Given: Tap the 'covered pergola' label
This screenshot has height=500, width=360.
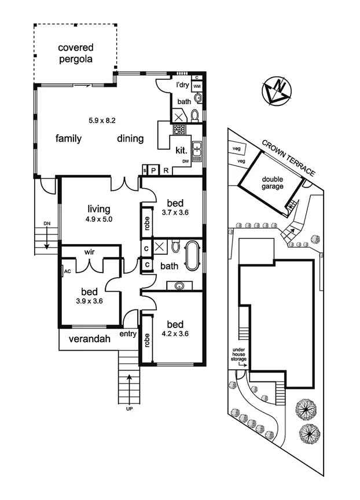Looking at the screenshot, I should click(75, 53).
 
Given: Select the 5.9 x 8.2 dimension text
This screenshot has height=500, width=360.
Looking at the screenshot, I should click(102, 120).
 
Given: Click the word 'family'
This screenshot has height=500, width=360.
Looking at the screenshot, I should click(68, 138).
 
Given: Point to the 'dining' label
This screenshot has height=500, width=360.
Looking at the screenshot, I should click(130, 138).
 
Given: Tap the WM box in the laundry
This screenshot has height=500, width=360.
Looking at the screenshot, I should click(197, 86).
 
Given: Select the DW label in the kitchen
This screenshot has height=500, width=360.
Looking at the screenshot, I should click(185, 161).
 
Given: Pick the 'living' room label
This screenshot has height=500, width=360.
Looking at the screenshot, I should click(99, 209).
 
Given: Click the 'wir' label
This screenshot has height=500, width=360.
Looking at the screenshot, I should click(90, 252).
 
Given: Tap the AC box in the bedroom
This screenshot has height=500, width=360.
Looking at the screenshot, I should click(67, 271).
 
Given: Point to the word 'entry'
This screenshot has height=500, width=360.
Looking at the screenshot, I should click(128, 334).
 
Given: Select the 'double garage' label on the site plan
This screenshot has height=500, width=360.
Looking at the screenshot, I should click(272, 183).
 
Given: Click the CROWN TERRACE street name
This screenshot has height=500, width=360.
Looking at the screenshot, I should click(288, 157).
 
